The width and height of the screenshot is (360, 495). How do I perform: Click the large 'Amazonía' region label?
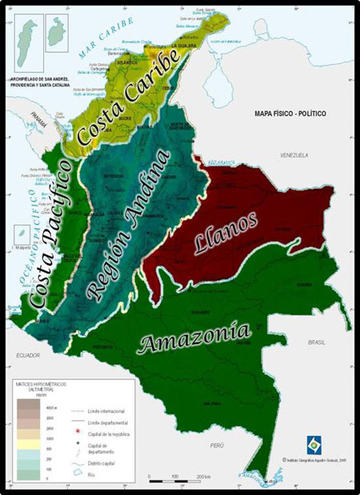[x=194, y=337]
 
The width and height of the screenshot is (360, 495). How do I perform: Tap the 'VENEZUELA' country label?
[x=294, y=154]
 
